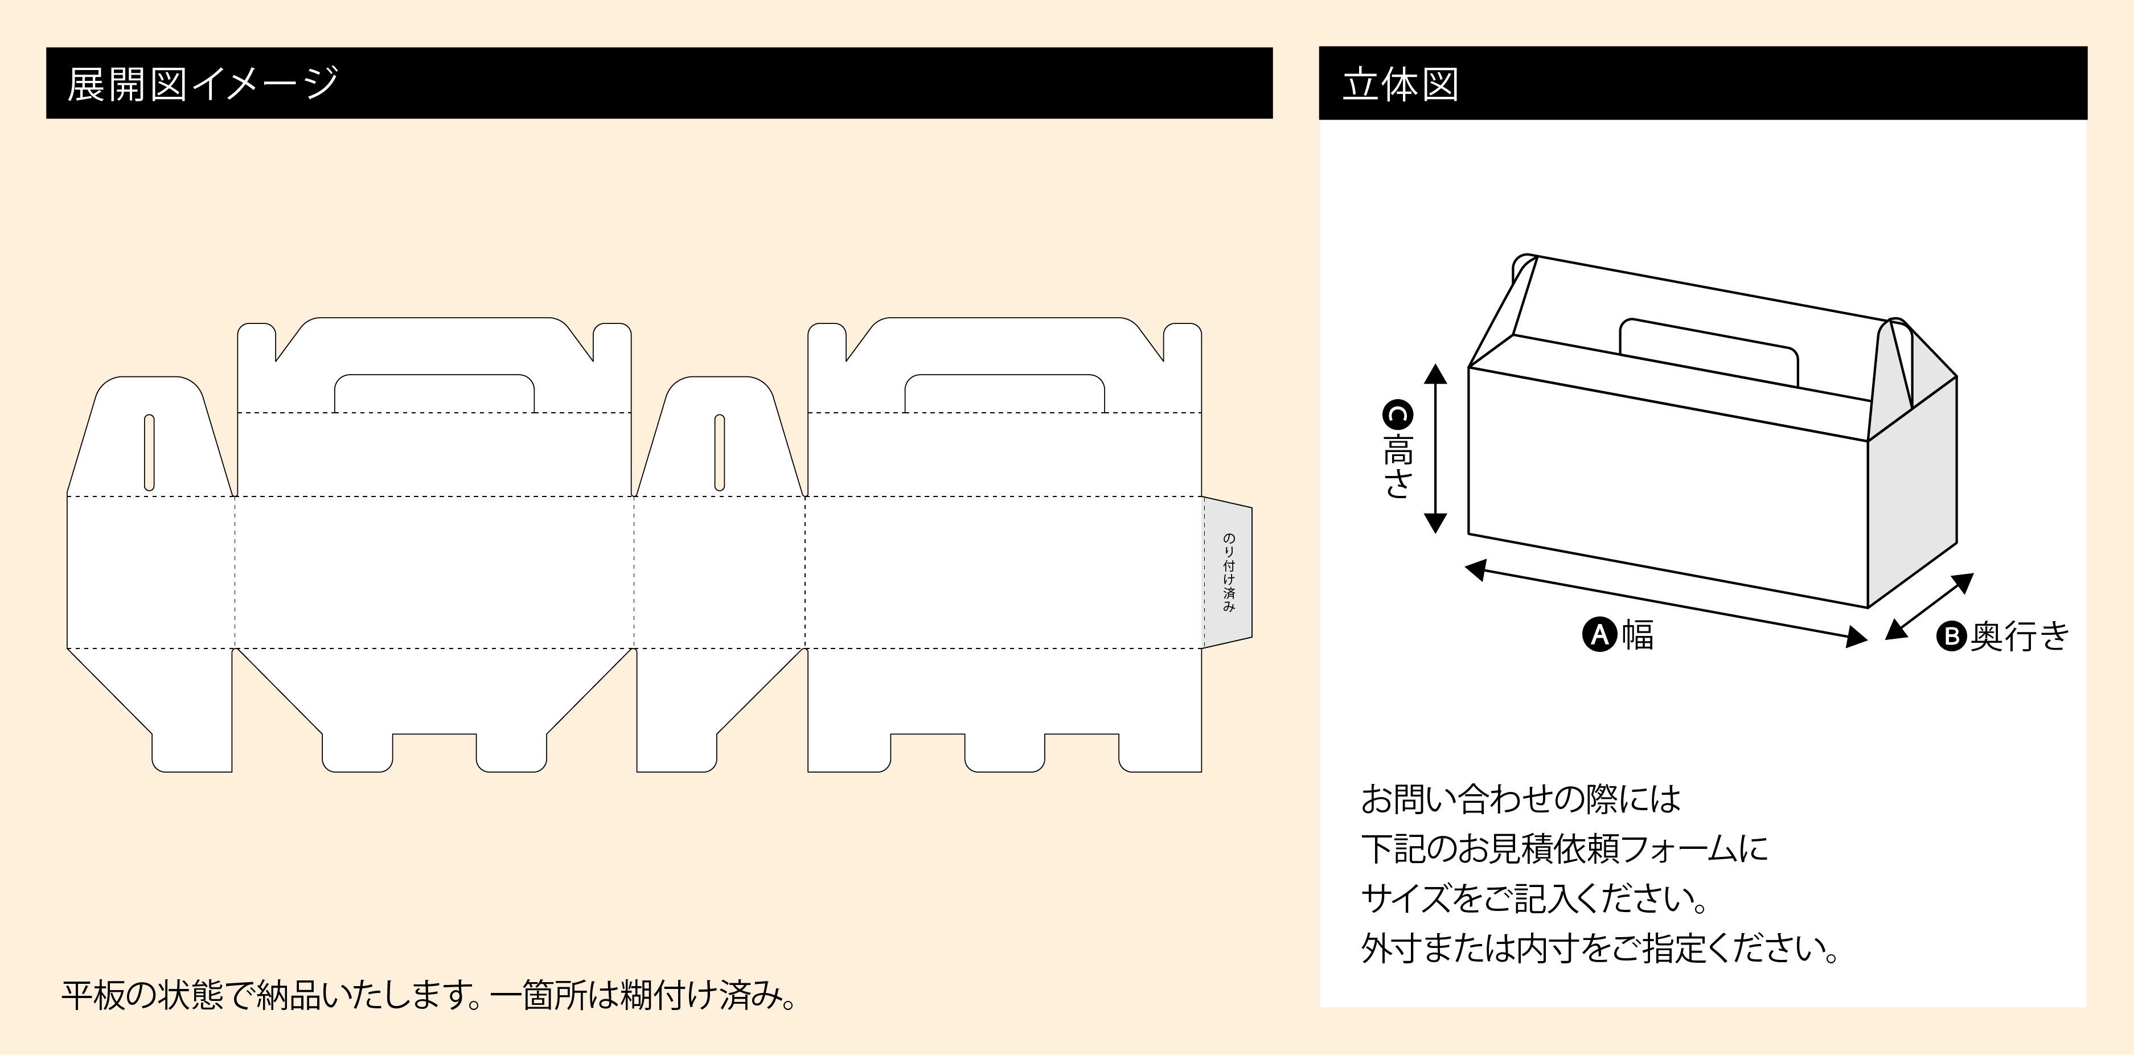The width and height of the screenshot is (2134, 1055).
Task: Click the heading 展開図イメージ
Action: click(x=203, y=84)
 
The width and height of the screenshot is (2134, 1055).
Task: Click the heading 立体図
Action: click(x=1400, y=84)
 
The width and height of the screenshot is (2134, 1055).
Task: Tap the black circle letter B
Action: click(x=1951, y=636)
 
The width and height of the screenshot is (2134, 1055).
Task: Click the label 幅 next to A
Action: click(x=1638, y=635)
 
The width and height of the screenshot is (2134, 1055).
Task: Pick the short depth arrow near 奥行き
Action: click(x=1930, y=607)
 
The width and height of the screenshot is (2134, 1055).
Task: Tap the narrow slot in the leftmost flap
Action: click(x=149, y=452)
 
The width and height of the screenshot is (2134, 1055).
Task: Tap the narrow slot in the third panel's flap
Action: click(x=719, y=452)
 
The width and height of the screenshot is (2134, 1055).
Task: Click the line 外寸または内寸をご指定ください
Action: click(x=1599, y=948)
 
